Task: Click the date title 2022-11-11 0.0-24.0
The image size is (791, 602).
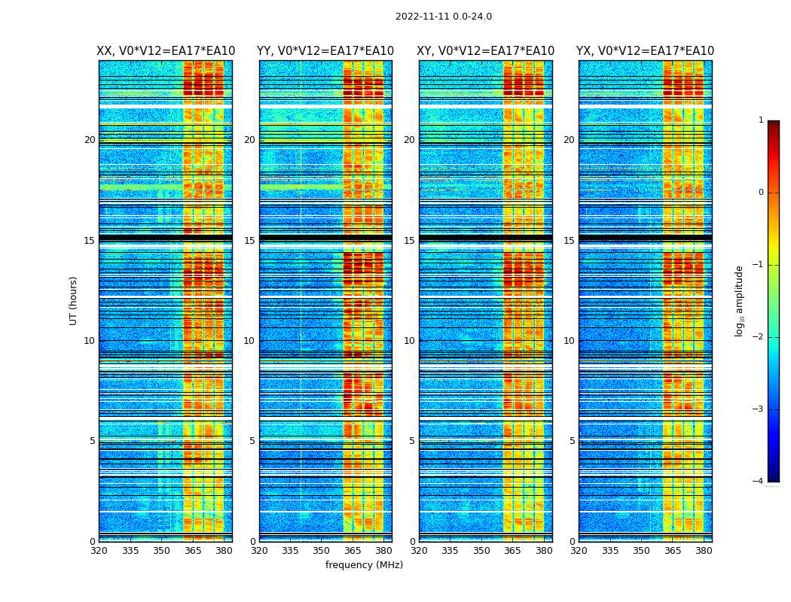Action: (443, 17)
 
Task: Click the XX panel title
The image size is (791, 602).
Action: (166, 51)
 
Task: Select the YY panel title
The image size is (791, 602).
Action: (325, 51)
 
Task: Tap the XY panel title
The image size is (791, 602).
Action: (486, 51)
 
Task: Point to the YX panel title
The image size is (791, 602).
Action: (645, 51)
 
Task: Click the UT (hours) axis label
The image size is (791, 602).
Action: (74, 300)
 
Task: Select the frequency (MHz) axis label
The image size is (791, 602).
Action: (364, 565)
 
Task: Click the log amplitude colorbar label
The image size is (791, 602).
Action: (740, 300)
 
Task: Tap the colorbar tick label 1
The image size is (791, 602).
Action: (761, 120)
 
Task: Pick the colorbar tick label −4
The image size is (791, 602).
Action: (759, 482)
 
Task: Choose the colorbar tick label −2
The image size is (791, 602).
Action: (759, 337)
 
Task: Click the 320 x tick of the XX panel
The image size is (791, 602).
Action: (99, 551)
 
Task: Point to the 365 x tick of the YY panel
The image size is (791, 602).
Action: (353, 551)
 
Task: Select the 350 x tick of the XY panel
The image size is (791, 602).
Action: (481, 551)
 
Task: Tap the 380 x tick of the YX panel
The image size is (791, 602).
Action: (704, 551)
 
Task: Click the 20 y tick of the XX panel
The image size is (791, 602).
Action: (90, 140)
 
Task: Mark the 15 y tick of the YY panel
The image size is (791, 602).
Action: (249, 241)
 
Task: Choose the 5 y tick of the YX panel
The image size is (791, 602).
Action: (572, 441)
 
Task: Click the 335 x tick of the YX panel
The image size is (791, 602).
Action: (610, 551)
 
